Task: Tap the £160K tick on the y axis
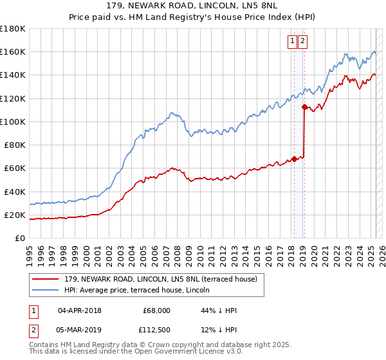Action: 13,51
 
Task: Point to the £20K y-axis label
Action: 15,215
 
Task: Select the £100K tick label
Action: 13,122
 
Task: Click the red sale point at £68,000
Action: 293,159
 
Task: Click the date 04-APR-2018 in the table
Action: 80,310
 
